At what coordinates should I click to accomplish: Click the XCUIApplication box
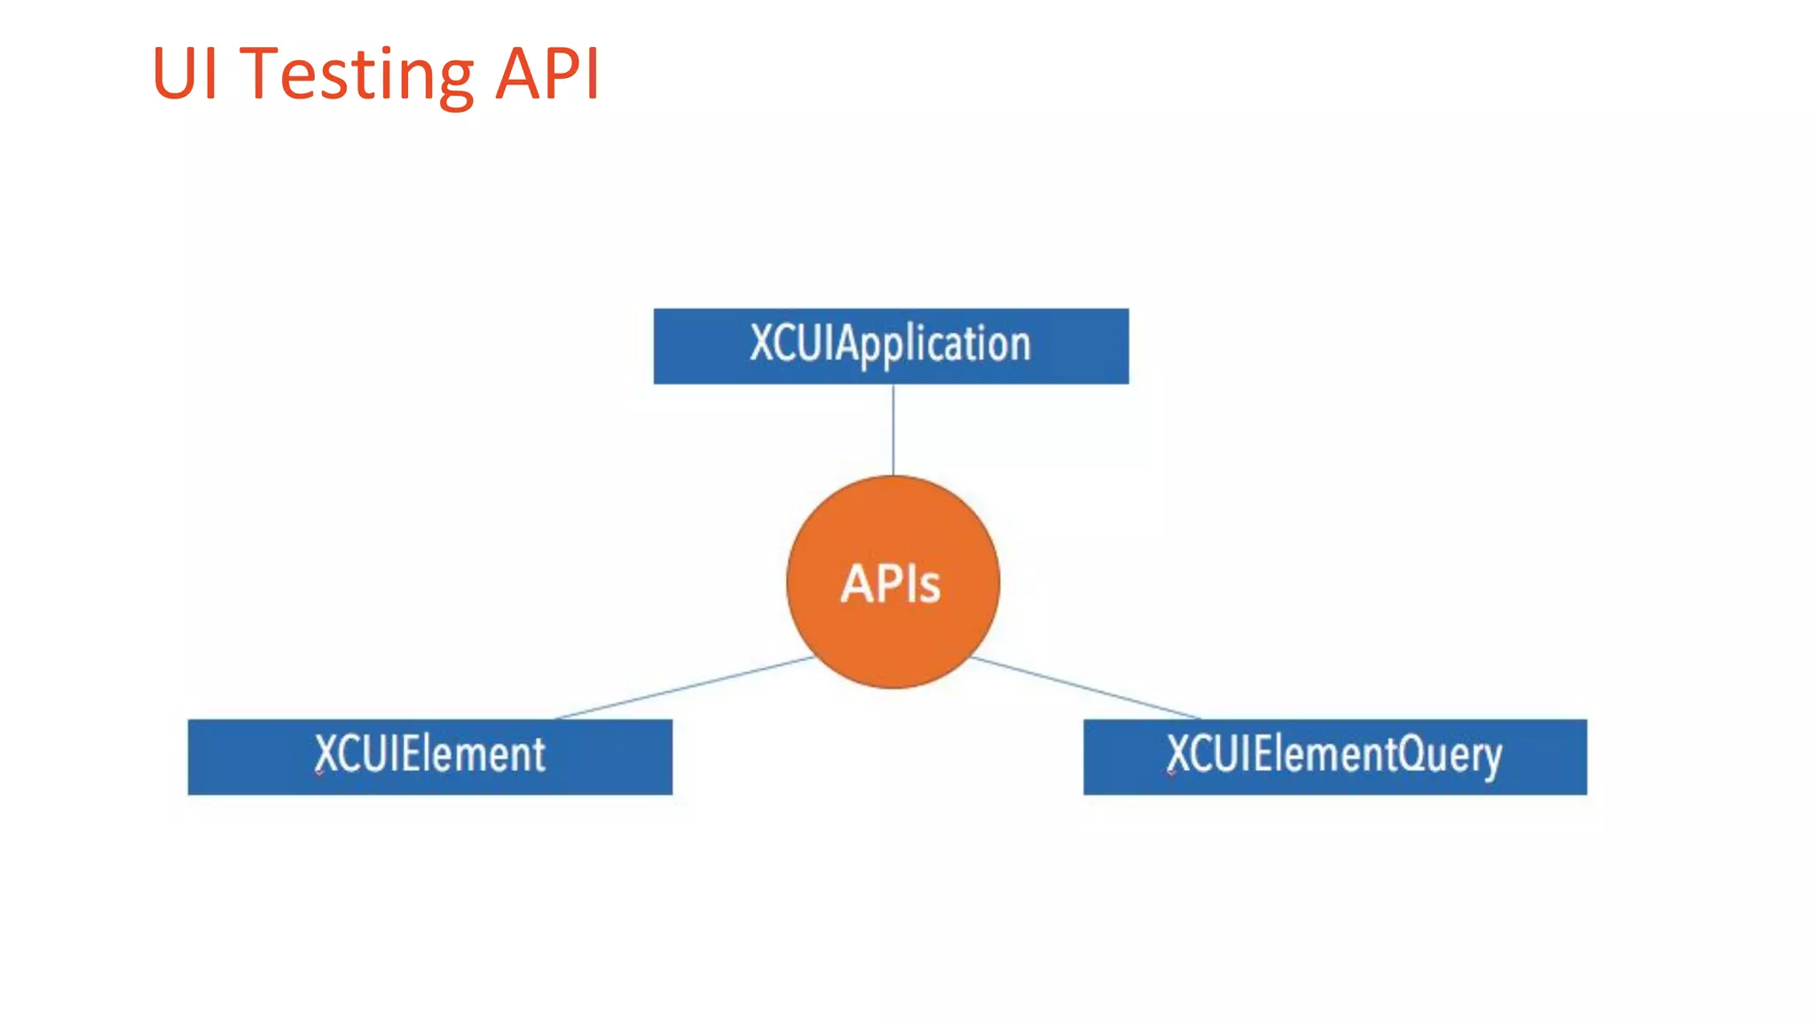tap(891, 346)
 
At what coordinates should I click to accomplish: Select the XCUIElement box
tap(429, 757)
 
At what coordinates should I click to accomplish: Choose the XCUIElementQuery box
tap(1334, 757)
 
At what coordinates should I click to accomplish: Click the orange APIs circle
tap(893, 581)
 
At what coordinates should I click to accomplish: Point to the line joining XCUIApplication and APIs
tap(893, 429)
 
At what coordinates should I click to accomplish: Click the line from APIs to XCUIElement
tap(683, 688)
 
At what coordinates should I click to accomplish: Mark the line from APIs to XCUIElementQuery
tap(1087, 688)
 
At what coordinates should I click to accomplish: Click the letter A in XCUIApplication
tap(847, 343)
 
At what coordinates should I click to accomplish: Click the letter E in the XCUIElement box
tap(411, 754)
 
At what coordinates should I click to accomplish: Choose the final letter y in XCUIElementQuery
tap(1491, 759)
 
